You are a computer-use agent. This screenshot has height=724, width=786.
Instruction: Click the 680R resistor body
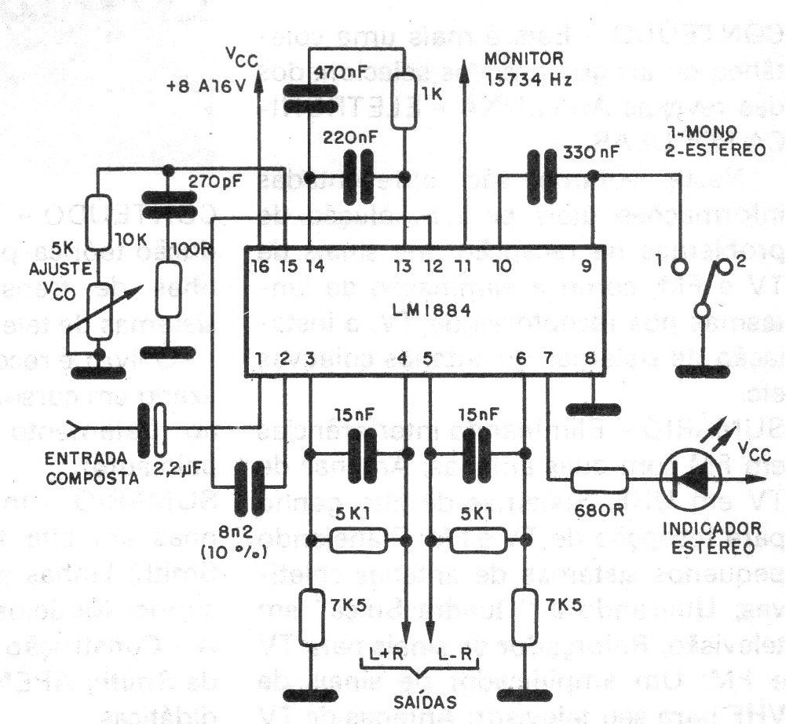click(598, 480)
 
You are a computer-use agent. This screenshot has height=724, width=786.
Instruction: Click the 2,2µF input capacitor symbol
click(153, 429)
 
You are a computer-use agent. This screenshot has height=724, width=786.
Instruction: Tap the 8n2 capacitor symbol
click(250, 480)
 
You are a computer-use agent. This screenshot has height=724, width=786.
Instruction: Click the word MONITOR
click(525, 58)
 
